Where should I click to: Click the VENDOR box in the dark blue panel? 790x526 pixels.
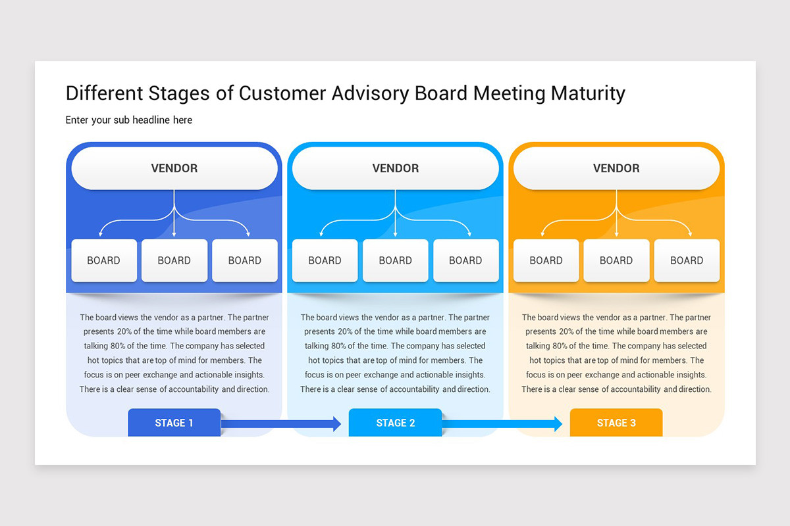click(174, 168)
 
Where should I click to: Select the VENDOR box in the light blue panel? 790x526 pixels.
click(395, 168)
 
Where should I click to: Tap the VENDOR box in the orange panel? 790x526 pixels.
click(616, 168)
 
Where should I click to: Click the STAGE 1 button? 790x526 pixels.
click(174, 423)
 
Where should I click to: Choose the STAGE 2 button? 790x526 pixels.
click(395, 423)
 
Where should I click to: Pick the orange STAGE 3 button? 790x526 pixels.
click(616, 423)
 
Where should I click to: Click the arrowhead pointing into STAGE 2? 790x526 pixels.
click(337, 424)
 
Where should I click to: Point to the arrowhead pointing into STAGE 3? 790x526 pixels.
click(558, 424)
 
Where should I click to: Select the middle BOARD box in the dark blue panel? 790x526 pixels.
click(174, 260)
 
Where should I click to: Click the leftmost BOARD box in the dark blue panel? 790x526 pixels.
click(104, 260)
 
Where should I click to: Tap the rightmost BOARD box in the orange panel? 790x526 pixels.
click(686, 260)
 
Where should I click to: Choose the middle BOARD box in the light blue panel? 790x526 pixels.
click(395, 260)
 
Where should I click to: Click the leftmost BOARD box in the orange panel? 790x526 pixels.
click(546, 260)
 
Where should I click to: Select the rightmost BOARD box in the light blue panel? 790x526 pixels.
click(465, 260)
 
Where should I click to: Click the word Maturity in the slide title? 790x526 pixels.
click(587, 93)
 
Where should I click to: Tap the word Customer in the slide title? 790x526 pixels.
click(281, 93)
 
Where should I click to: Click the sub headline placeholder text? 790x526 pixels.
click(129, 120)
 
